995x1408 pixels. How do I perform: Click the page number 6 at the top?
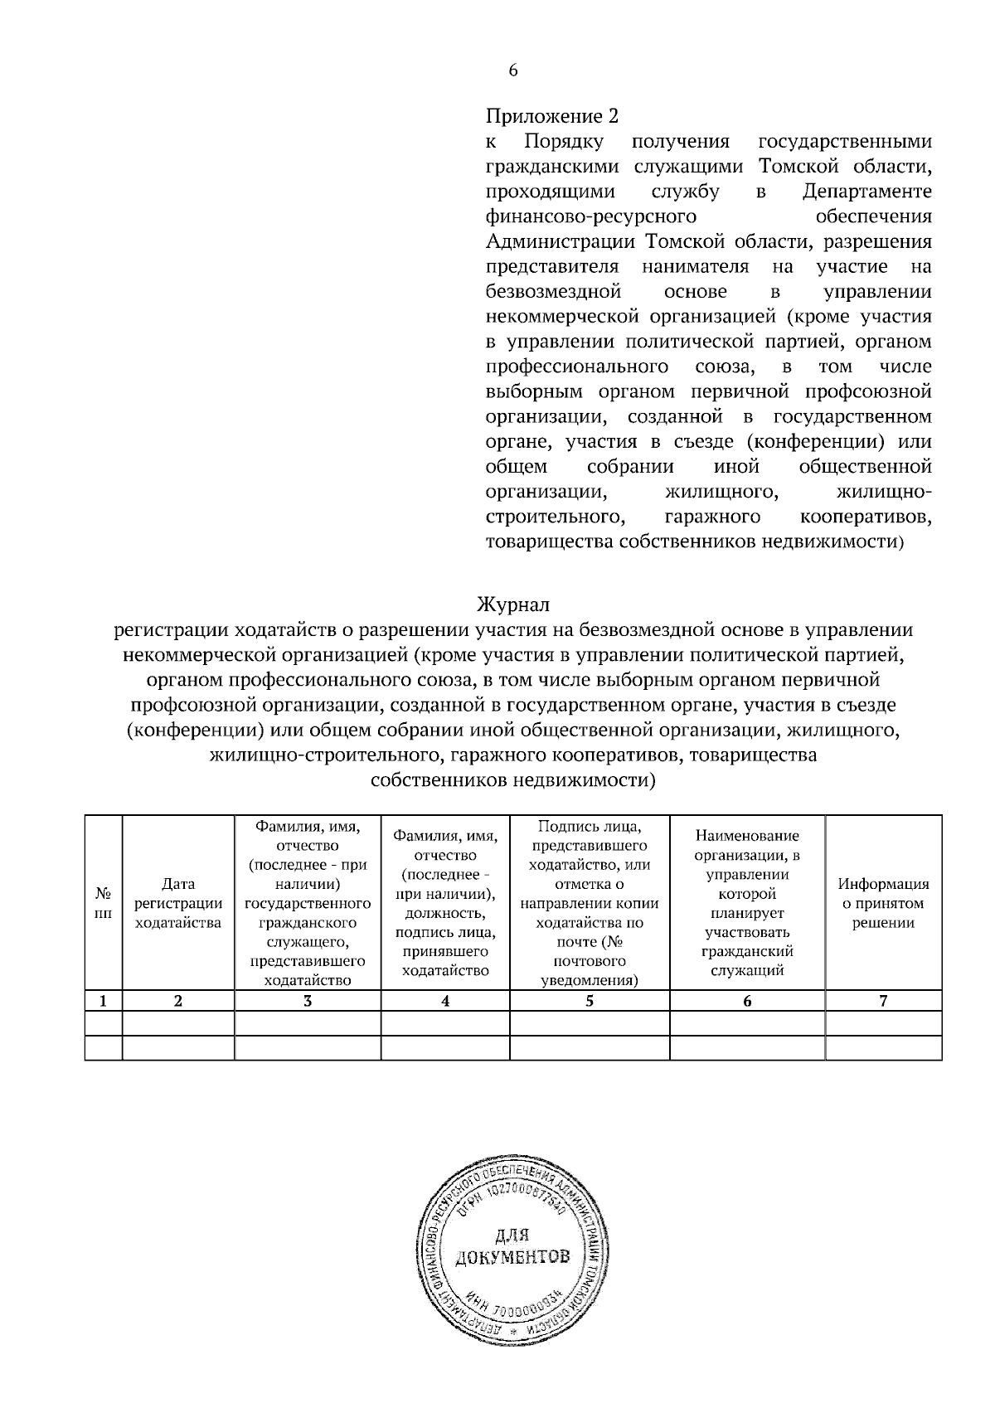(512, 71)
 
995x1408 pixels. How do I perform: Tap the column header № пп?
(103, 903)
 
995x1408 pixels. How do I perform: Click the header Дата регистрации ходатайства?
(177, 903)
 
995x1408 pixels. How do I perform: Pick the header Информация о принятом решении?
(883, 903)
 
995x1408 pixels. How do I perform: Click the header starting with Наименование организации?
(747, 903)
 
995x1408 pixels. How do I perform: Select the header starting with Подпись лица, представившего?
(589, 903)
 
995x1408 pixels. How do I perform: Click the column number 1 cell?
(103, 1001)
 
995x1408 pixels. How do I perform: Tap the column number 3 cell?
(307, 1001)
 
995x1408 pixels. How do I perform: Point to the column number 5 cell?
(589, 1001)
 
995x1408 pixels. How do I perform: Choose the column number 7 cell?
(883, 1001)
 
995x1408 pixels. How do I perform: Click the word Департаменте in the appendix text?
(867, 192)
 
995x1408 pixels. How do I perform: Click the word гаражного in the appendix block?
(713, 517)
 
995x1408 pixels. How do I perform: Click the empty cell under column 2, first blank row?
(177, 1022)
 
